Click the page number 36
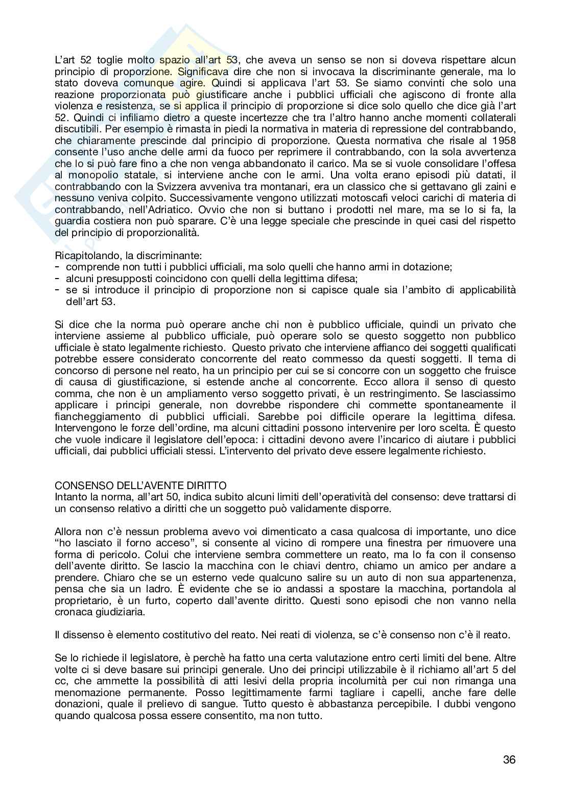point(509,759)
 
